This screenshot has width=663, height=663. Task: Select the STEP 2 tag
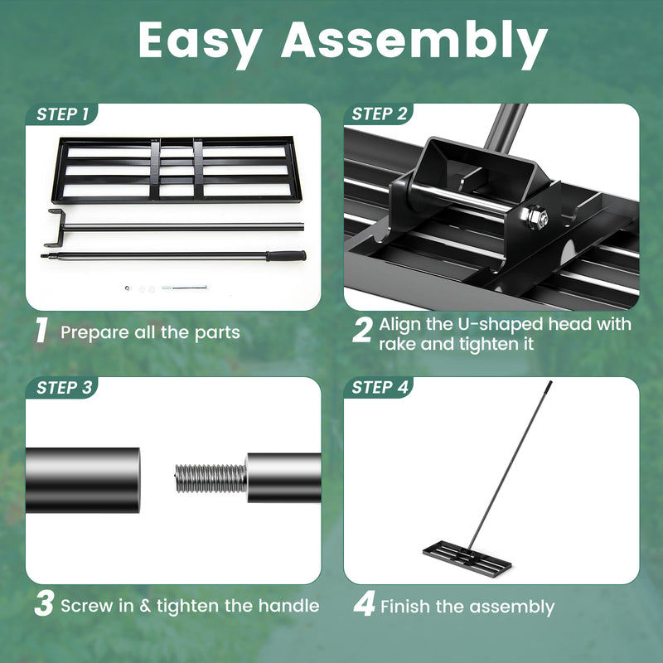click(379, 114)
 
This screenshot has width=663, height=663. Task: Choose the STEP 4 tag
click(379, 388)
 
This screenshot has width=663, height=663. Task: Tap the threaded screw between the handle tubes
click(211, 478)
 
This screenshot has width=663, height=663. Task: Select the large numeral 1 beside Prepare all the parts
click(41, 331)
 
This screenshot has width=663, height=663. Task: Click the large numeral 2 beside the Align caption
click(361, 331)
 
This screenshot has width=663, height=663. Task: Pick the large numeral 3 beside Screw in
click(43, 605)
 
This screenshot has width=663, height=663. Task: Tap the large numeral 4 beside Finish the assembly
click(363, 605)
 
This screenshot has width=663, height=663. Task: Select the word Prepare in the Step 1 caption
click(91, 332)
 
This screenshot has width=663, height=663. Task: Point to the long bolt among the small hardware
click(186, 288)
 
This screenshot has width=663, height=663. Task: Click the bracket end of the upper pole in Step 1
click(56, 219)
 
